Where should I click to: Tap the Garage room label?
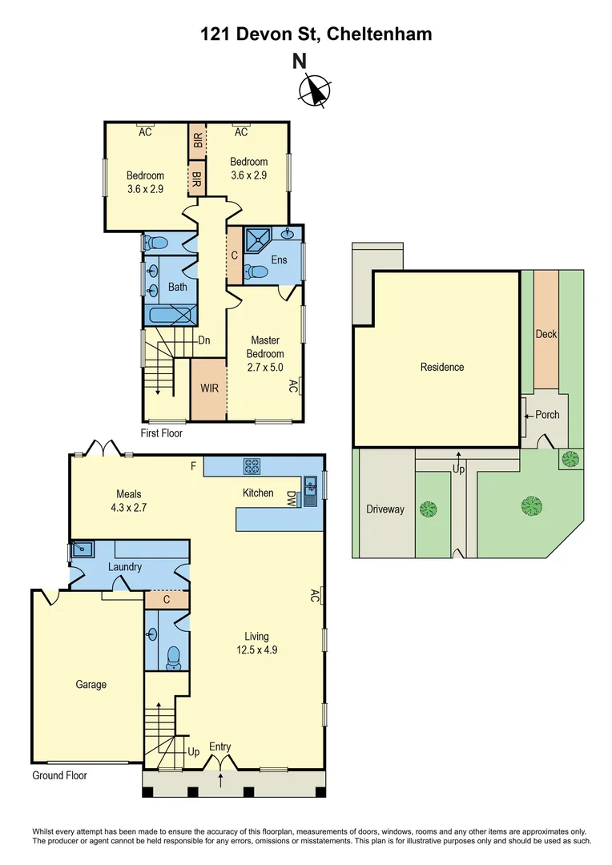(91, 685)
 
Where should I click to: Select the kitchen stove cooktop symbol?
(253, 465)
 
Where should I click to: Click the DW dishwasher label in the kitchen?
(292, 499)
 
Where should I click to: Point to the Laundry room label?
(124, 567)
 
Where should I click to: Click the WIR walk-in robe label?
(209, 388)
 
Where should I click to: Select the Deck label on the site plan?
(546, 334)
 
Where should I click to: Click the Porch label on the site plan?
(547, 415)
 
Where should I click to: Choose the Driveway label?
(385, 509)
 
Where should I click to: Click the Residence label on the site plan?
(442, 367)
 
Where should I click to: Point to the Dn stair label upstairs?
(204, 340)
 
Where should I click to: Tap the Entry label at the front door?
(220, 746)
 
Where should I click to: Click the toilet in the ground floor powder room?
(171, 658)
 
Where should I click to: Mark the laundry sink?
(82, 550)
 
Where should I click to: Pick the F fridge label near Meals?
(193, 465)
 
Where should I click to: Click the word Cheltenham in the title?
(379, 34)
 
